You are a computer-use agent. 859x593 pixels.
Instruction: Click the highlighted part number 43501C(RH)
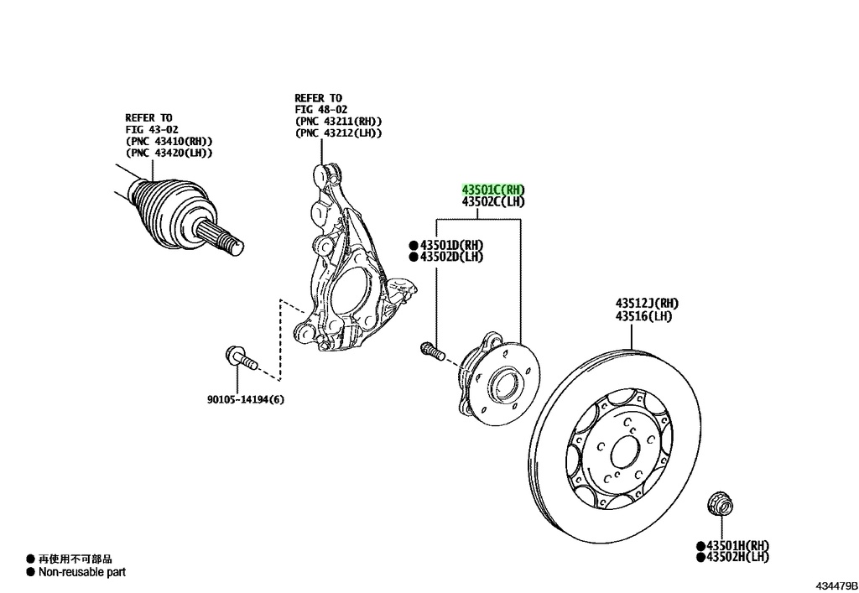point(492,190)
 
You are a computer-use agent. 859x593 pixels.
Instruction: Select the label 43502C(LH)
point(492,202)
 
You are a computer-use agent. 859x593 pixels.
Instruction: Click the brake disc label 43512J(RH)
point(647,303)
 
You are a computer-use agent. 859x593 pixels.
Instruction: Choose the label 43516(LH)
point(643,315)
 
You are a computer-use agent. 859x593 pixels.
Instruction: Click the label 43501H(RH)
point(737,545)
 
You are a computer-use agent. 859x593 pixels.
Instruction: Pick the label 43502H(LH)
point(737,556)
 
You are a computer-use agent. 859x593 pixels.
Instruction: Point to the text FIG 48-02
point(320,109)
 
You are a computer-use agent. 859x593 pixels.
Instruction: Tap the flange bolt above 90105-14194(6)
point(241,360)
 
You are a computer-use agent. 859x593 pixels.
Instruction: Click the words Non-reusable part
point(81,572)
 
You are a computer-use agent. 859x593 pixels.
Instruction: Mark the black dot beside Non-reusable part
point(30,572)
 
